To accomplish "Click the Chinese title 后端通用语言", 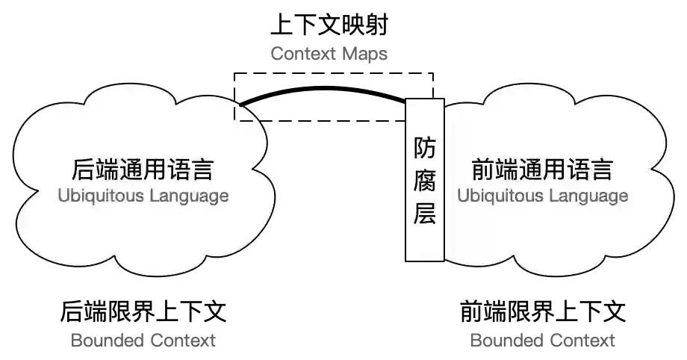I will tap(142, 170).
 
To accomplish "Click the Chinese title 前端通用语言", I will tap(542, 170).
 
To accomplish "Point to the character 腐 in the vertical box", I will tap(425, 181).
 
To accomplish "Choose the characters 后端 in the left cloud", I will tap(95, 170).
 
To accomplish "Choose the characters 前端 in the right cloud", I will tap(495, 170).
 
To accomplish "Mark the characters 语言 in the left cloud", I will tap(190, 170).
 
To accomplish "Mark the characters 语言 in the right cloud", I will tap(590, 170).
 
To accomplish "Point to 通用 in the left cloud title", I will tap(142, 170).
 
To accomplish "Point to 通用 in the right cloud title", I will tap(542, 170).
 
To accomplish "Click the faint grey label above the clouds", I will tap(329, 53).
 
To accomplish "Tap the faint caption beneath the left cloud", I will tap(146, 338).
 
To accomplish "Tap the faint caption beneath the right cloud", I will tap(540, 338).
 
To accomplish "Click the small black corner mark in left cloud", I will tap(243, 115).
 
